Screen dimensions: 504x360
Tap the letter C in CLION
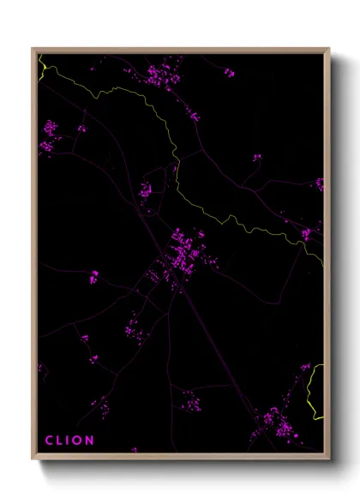[49, 441]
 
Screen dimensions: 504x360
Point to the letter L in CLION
[59, 441]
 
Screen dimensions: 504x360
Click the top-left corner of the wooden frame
[33, 49]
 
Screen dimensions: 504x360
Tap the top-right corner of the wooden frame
[329, 49]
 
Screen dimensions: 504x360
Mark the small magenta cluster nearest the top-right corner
[229, 73]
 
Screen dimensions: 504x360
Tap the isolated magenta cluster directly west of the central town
[93, 276]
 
